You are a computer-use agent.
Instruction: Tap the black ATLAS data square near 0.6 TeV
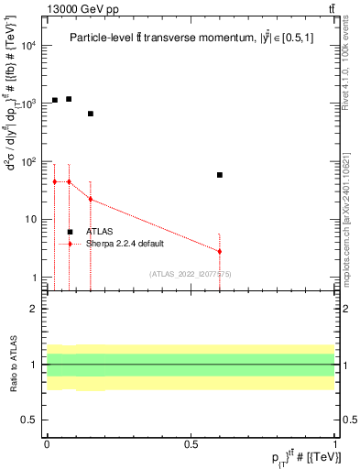(x=220, y=174)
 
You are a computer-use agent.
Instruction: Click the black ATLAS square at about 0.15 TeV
(x=91, y=114)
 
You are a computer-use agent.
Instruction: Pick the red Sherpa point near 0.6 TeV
(x=220, y=251)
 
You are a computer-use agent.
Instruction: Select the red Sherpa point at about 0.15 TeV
(x=91, y=199)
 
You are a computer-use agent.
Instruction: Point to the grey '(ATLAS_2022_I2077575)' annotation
(x=191, y=273)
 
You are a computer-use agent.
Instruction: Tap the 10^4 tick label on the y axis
(x=27, y=45)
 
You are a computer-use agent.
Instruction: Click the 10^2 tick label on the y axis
(x=27, y=161)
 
